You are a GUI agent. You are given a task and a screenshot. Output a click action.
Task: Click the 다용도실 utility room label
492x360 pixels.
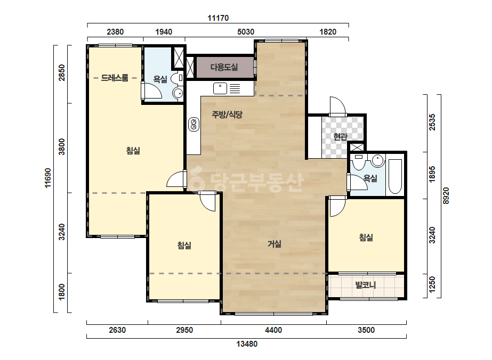click(x=224, y=67)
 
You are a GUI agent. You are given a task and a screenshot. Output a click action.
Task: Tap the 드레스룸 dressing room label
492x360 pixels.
click(x=115, y=78)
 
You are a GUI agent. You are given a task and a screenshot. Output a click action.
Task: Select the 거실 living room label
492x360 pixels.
click(x=274, y=244)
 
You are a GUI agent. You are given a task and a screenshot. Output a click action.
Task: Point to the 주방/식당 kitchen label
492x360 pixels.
click(x=227, y=114)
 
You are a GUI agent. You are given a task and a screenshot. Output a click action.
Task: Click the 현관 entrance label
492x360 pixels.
click(x=340, y=137)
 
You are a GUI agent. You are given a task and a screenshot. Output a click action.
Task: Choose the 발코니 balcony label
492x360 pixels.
click(x=366, y=285)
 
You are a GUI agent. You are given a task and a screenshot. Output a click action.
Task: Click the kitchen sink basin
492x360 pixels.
click(x=220, y=88)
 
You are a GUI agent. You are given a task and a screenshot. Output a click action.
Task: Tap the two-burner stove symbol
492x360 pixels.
click(x=193, y=125)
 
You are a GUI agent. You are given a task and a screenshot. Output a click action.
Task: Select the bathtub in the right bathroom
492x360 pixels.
click(x=395, y=177)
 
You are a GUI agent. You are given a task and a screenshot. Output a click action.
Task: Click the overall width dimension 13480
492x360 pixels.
click(x=247, y=344)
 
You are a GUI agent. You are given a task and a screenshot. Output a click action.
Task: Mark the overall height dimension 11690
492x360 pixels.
click(x=47, y=178)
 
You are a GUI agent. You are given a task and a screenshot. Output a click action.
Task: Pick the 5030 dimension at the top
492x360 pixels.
click(x=246, y=31)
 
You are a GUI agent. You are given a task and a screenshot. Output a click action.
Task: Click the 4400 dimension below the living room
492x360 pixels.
click(x=273, y=330)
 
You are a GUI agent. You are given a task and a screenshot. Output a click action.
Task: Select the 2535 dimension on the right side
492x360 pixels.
click(x=432, y=122)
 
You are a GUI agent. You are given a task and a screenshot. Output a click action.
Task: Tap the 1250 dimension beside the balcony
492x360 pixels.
click(x=432, y=284)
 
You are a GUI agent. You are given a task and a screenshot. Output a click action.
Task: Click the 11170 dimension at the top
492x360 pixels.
click(x=218, y=18)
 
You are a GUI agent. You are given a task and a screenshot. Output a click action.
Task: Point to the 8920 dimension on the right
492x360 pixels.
click(x=446, y=195)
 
